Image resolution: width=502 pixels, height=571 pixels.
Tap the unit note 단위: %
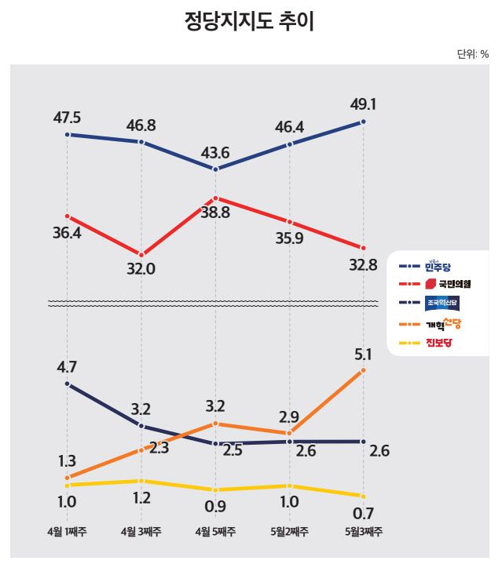[472, 54]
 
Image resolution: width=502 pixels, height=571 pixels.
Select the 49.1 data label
[365, 104]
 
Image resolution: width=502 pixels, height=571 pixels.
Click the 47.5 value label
[68, 118]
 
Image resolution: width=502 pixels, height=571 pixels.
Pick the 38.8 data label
[214, 213]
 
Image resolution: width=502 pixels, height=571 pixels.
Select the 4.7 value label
[68, 366]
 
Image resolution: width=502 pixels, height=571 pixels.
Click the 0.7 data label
[363, 515]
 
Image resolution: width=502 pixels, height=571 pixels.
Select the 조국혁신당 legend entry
[442, 303]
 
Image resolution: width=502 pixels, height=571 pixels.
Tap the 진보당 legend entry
[440, 342]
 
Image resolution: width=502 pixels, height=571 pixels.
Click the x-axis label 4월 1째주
[68, 532]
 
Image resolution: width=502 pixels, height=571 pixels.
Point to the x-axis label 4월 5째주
[214, 532]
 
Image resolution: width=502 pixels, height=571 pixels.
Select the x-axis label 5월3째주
[364, 532]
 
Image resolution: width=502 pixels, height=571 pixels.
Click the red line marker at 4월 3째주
[141, 255]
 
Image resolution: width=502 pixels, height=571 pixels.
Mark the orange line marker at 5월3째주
[364, 370]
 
